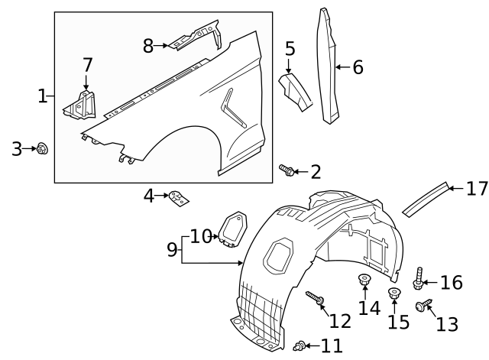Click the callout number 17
477,188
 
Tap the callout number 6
358,67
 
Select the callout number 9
172,248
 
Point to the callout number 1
42,96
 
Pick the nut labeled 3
43,148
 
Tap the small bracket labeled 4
180,199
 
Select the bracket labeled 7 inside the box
81,106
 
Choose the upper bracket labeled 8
195,37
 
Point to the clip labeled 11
301,347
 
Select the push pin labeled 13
422,306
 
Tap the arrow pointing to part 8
164,46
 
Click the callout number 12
340,319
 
